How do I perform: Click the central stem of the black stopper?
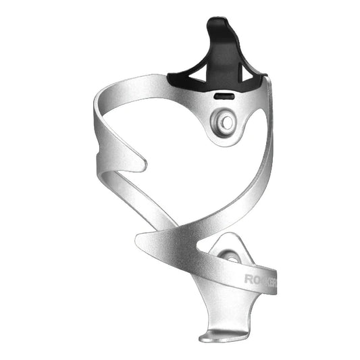point(222,54)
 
